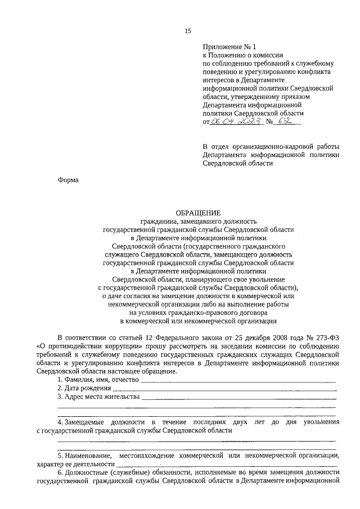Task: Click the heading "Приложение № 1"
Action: [x=227, y=49]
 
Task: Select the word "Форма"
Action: [x=68, y=180]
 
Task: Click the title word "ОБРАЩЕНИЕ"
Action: [x=199, y=213]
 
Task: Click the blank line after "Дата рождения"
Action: [x=225, y=390]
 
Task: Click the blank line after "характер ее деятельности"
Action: [x=225, y=466]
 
